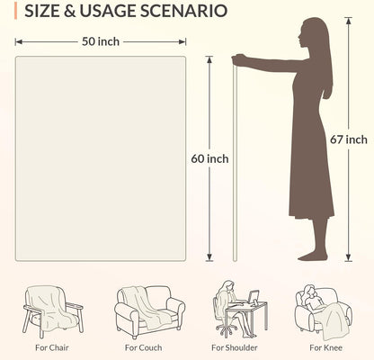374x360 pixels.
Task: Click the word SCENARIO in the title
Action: tap(183, 11)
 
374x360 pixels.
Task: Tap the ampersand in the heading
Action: tap(69, 11)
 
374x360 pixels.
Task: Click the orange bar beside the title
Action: tap(15, 11)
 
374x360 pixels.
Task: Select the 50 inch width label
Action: tap(101, 41)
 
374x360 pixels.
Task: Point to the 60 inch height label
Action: tap(209, 158)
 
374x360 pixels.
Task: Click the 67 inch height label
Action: tap(349, 139)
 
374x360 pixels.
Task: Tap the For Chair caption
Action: tap(52, 347)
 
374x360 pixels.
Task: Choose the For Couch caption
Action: tap(143, 347)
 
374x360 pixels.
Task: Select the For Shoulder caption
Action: tap(235, 347)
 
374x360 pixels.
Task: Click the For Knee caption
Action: tap(325, 347)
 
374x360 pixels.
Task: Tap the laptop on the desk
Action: tap(254, 297)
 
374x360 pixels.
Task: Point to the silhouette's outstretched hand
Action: tap(238, 60)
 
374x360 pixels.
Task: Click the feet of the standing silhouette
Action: tap(313, 256)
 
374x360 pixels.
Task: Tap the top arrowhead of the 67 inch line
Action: tap(348, 21)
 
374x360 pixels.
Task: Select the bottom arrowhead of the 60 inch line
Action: tap(209, 257)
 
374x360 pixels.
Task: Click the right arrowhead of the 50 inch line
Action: tap(183, 42)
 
